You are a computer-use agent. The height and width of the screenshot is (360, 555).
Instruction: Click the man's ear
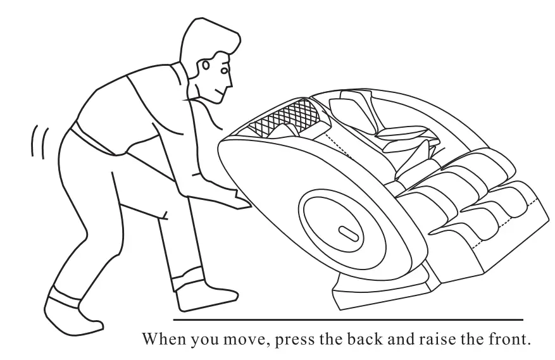208,66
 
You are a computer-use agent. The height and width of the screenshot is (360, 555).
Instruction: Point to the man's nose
230,82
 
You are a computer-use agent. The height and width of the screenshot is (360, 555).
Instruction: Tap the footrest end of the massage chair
506,215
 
